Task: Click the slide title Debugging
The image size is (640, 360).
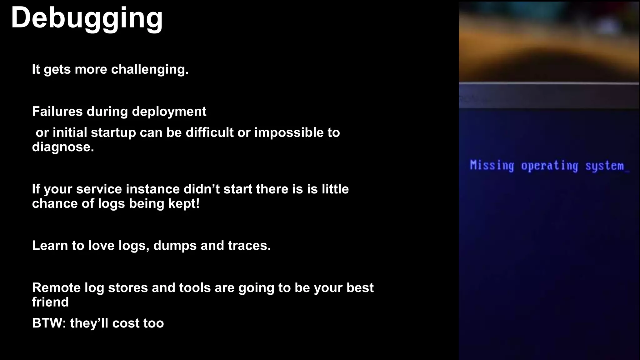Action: tap(87, 18)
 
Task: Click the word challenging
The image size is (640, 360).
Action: tap(150, 69)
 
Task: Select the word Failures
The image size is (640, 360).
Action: tap(57, 112)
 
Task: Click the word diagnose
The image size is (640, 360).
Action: tap(63, 147)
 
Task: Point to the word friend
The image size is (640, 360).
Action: tap(50, 302)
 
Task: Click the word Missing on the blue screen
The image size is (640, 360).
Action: tap(492, 165)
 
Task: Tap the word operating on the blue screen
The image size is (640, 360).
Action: tap(549, 166)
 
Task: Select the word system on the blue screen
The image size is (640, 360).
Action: tap(604, 166)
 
